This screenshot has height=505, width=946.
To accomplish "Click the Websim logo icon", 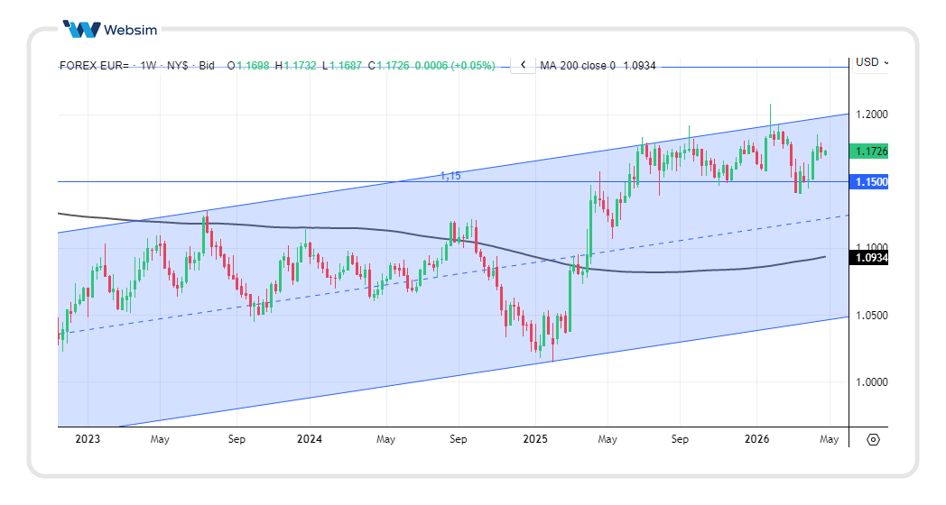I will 81,29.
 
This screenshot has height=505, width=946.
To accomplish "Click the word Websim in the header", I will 131,30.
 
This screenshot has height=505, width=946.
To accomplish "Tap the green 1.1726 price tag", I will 871,151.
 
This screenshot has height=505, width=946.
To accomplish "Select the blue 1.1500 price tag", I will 871,182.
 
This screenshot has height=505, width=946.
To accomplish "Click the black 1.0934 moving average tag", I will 871,258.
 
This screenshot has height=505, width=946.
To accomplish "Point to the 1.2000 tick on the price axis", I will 871,115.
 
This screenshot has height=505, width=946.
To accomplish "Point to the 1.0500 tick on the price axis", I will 871,315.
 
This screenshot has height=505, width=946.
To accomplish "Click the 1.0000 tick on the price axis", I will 871,381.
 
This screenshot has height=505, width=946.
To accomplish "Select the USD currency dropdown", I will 872,62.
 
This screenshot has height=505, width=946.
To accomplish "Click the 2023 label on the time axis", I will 88,439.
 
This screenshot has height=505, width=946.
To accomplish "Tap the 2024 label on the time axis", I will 310,439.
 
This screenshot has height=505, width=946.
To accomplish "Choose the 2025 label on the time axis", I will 534,439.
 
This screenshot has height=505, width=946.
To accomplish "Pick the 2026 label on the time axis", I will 756,439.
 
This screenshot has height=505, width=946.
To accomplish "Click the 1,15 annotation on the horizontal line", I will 450,176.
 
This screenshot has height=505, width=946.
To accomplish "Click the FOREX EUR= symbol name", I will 94,66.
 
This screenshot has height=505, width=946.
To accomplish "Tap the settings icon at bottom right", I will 873,440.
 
